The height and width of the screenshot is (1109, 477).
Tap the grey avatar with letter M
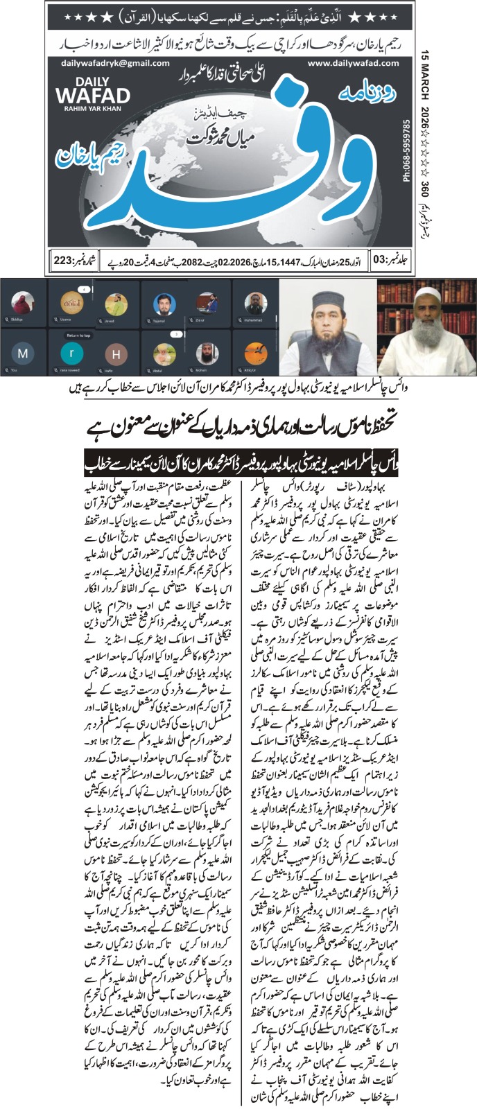pyautogui.click(x=24, y=353)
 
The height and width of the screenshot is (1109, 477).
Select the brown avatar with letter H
pyautogui.click(x=115, y=353)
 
